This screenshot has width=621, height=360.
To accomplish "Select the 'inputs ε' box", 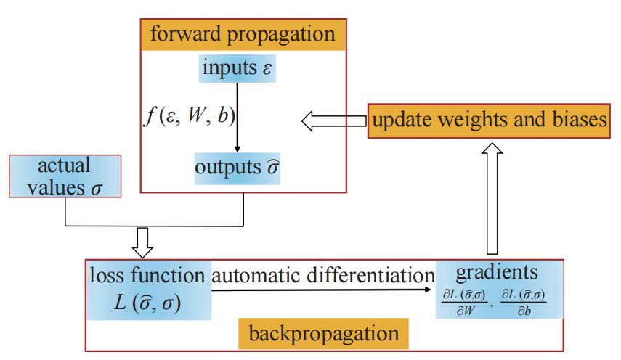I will tap(238, 70).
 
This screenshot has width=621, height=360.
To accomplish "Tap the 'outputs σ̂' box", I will tap(238, 167).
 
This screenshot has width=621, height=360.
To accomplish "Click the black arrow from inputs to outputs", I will tap(238, 116).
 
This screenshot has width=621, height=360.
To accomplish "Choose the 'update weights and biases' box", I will tap(489, 120).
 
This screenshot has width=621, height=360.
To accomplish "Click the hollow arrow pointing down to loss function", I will tap(145, 242).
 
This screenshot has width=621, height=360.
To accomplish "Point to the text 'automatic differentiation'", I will tap(322, 275).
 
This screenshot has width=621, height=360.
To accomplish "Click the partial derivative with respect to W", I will tap(462, 301).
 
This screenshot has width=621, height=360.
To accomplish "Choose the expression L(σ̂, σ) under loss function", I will tap(147, 301).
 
